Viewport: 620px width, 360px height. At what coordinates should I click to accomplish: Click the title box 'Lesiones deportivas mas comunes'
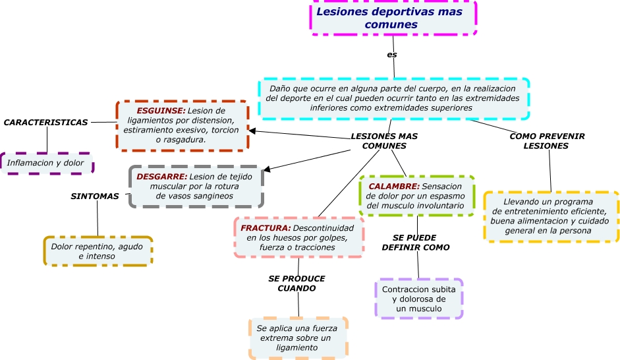tap(393, 18)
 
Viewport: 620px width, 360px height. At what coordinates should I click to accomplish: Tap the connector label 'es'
tap(392, 55)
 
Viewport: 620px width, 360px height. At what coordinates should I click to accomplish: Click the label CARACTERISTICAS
tap(46, 123)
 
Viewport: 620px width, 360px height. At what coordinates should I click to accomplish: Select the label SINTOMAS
tap(95, 196)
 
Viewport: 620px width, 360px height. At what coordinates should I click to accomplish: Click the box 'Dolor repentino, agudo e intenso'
tap(98, 251)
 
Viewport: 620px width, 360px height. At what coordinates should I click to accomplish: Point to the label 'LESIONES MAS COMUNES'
tap(384, 141)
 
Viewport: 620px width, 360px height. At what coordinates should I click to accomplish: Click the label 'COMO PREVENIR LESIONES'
tap(547, 141)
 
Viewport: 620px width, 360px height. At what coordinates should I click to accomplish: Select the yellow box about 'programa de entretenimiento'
tap(551, 216)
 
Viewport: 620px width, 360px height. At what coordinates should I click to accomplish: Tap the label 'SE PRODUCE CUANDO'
tap(296, 284)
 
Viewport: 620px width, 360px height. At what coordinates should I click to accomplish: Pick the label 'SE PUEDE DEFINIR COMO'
tap(416, 242)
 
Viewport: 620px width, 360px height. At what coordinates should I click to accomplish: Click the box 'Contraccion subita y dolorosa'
tap(419, 299)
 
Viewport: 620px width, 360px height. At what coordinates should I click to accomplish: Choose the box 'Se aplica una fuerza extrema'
tap(298, 338)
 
